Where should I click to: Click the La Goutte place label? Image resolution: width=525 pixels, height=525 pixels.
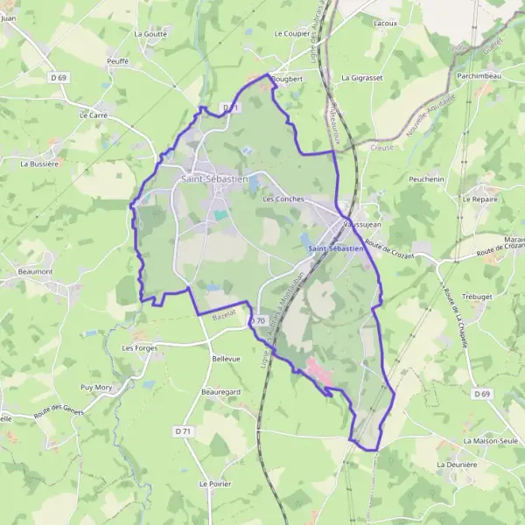[150, 33]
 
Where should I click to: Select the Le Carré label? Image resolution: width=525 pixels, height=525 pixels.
[92, 115]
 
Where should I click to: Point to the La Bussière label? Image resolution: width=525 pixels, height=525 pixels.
[39, 163]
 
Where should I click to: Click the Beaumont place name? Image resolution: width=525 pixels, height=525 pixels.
[35, 271]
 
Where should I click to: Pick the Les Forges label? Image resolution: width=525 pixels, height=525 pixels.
[139, 347]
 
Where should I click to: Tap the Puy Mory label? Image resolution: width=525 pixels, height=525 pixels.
[96, 387]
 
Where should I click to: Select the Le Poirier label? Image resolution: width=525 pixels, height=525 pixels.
[214, 483]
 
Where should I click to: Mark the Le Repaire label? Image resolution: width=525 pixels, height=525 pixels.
[479, 199]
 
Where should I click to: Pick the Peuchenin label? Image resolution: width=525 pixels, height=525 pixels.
[426, 179]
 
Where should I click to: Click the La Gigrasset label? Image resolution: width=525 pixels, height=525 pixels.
[362, 78]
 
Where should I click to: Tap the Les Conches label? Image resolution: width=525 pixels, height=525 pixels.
[283, 199]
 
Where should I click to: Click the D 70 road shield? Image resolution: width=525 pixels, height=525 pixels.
[257, 321]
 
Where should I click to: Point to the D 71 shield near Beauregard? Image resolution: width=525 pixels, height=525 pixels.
[183, 430]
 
